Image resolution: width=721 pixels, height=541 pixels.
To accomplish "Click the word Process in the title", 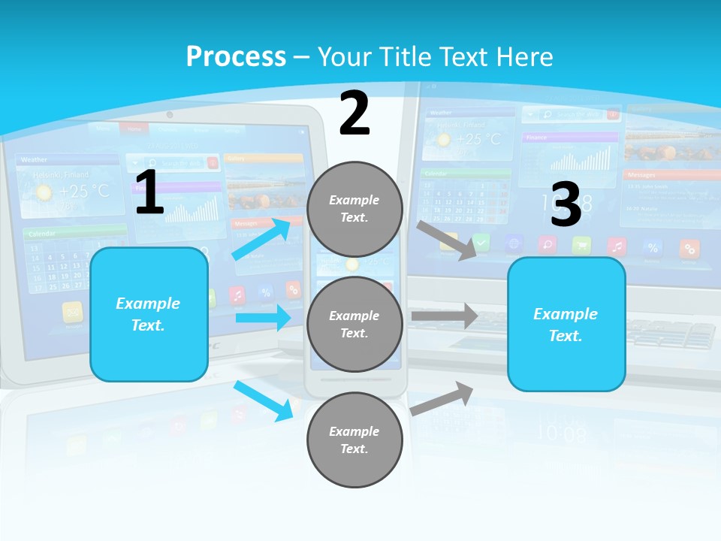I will pos(236,56).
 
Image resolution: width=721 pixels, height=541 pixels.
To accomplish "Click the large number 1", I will pos(149,192).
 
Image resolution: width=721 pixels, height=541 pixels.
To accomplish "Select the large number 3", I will pos(566,204).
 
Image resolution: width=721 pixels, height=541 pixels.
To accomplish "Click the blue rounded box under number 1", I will pos(149,314).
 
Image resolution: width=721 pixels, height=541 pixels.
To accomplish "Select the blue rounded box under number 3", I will pos(566,325).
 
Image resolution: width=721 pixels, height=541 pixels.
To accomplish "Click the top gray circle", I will pos(354,209).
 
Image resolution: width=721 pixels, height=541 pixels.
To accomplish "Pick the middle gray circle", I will pos(354,325).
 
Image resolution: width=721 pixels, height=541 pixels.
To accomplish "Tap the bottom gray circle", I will pos(354,440).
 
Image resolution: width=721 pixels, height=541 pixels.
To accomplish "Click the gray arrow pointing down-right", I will pos(447,240).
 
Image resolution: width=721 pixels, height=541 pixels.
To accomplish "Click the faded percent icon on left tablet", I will pos(265,293).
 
